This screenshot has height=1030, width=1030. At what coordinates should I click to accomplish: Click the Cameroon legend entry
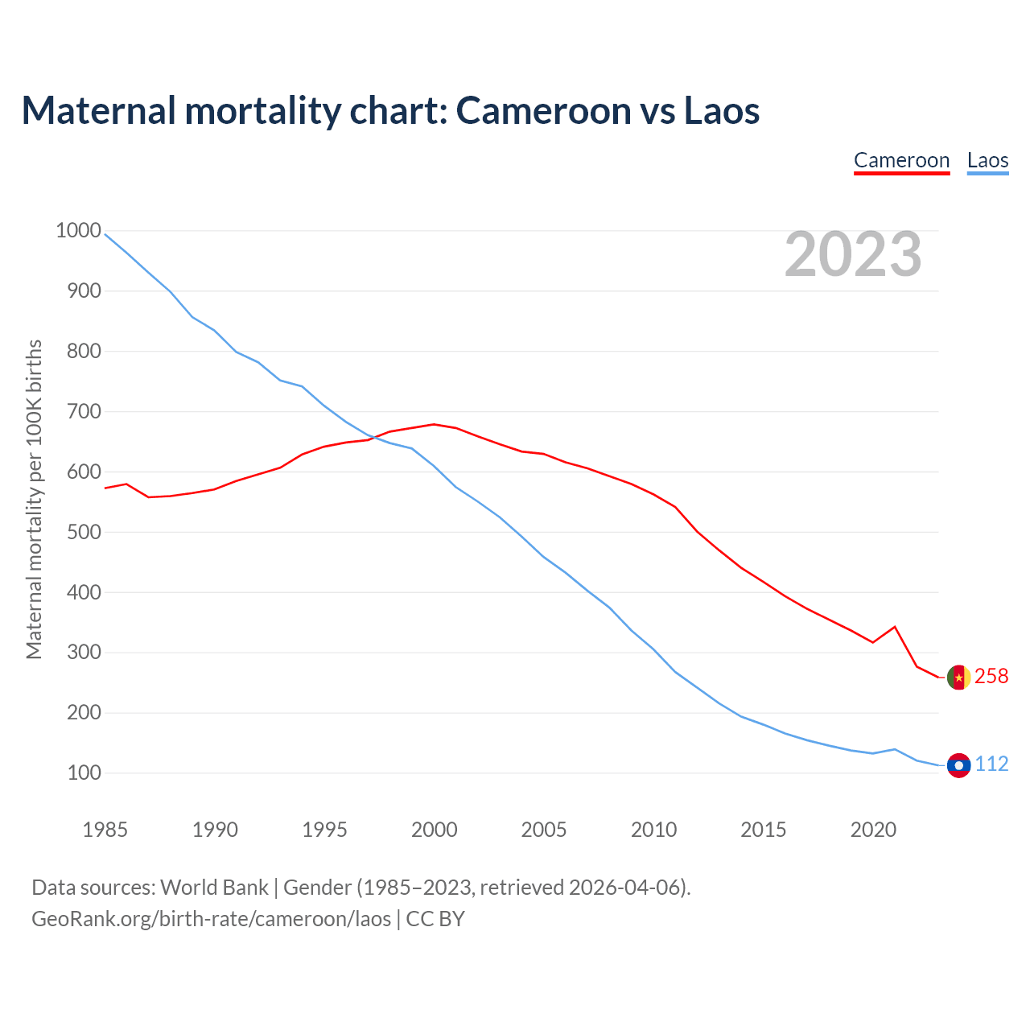coord(901,160)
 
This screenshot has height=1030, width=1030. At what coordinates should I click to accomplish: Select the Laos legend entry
coord(987,160)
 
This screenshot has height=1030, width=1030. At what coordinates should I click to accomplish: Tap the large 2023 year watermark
coord(853,254)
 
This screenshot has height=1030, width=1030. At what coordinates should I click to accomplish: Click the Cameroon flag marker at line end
coord(958,678)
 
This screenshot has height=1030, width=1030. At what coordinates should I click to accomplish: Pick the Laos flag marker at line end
coord(958,765)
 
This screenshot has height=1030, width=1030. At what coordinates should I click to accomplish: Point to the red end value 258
coord(991,677)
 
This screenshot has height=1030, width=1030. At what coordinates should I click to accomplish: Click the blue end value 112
coord(991,764)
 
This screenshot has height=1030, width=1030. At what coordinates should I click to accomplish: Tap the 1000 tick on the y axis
coord(78,231)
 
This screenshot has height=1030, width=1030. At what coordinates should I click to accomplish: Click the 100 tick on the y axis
coord(84,773)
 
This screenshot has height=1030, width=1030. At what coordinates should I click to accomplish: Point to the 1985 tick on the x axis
coord(105,830)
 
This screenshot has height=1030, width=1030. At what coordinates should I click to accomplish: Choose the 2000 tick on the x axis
coord(435,830)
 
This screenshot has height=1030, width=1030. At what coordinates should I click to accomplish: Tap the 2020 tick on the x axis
coord(873,830)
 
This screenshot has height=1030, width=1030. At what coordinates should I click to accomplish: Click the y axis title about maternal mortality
coord(34,499)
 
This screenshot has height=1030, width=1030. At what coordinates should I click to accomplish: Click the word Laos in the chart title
coord(721,111)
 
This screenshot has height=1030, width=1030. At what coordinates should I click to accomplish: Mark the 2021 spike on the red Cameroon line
coord(895,627)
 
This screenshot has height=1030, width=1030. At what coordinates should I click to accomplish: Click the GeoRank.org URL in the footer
coord(212,919)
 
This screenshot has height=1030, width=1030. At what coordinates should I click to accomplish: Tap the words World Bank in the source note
coord(214,888)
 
